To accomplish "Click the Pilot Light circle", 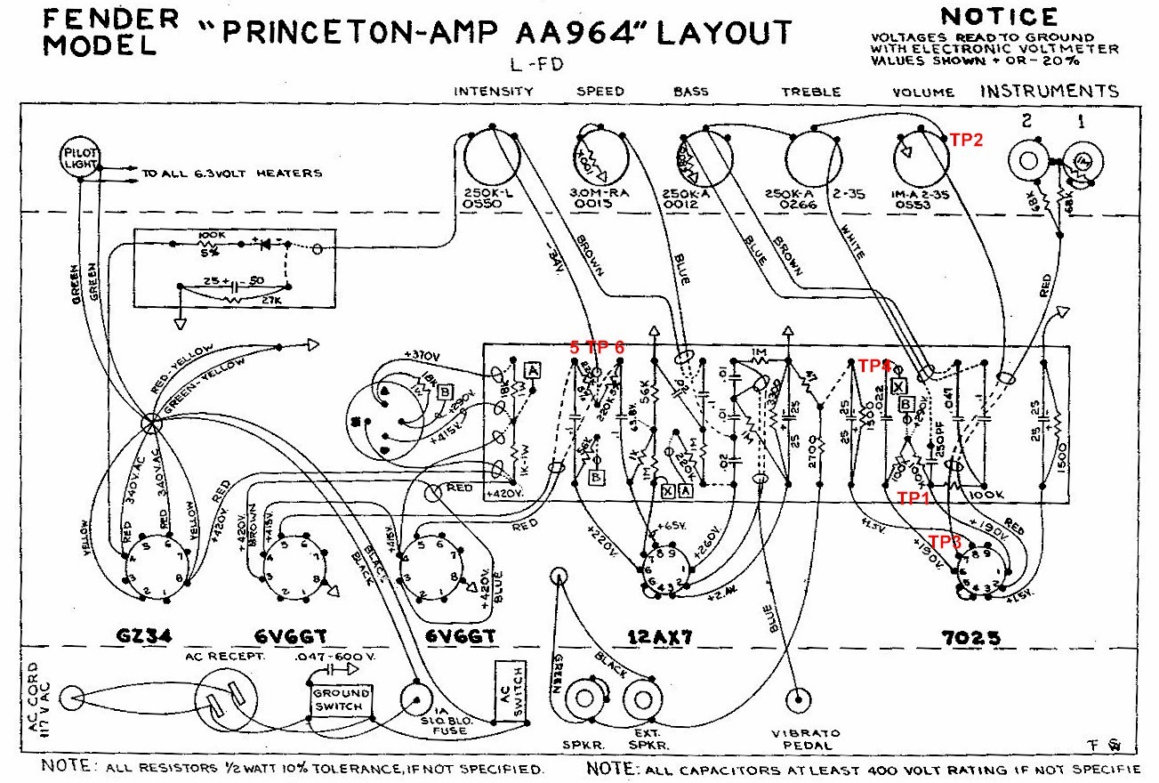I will pyautogui.click(x=82, y=159).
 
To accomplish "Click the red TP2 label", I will pyautogui.click(x=966, y=140).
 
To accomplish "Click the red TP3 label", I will pyautogui.click(x=945, y=540).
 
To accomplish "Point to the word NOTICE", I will pyautogui.click(x=999, y=17).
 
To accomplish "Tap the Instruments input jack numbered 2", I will pyautogui.click(x=1028, y=161).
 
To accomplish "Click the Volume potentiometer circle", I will pyautogui.click(x=923, y=157).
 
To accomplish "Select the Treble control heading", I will pyautogui.click(x=810, y=92).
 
